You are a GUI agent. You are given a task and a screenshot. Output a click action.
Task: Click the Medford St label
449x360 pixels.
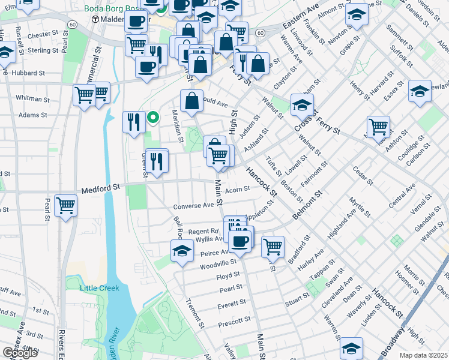pyautogui.click(x=101, y=187)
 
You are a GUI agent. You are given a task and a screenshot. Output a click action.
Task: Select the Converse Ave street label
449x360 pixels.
pyautogui.click(x=194, y=206)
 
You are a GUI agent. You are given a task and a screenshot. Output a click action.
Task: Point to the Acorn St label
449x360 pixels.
pyautogui.click(x=237, y=190)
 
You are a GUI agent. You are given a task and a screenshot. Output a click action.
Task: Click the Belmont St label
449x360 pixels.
pyautogui.click(x=307, y=205)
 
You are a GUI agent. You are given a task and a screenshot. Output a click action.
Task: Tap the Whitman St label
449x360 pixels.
pyautogui.click(x=33, y=98)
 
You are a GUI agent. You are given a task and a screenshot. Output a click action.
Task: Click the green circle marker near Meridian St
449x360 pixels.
pyautogui.click(x=153, y=118)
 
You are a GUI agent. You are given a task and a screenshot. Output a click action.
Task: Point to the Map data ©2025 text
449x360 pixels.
pyautogui.click(x=424, y=355)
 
